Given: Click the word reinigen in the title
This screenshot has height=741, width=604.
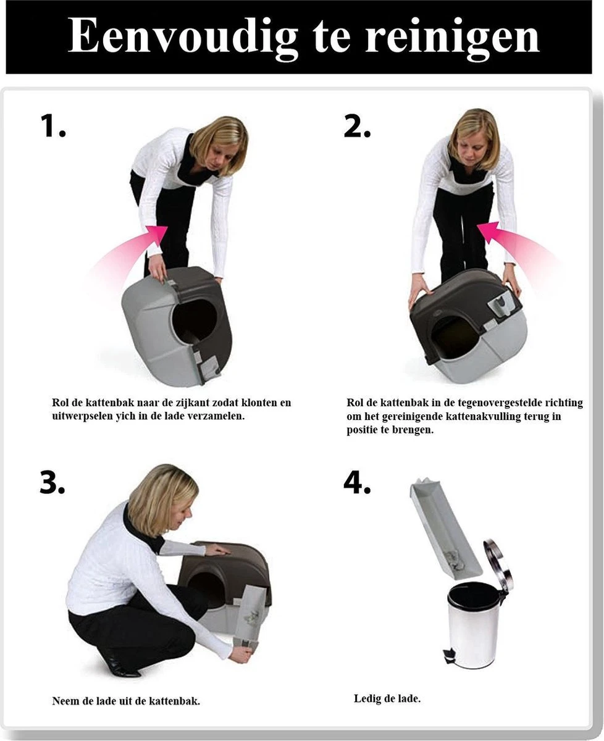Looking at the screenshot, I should click(452, 37).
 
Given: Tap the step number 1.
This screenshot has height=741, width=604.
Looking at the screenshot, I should click(52, 126).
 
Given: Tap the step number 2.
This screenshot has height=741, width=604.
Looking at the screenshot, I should click(357, 126).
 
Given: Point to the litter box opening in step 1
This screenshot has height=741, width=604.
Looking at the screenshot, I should click(194, 320).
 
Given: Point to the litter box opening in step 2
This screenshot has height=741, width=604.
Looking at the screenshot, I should click(454, 337).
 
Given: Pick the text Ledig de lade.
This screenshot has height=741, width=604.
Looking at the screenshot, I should click(387, 699).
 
